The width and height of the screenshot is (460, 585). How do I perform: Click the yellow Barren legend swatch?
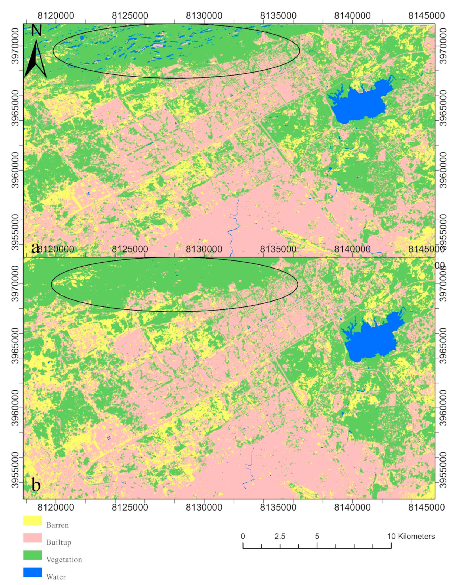[32, 521]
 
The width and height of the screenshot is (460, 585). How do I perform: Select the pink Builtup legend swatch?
[32, 538]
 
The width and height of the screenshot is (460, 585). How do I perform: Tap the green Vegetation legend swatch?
[32, 555]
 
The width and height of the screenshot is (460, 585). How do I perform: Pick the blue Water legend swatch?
[32, 572]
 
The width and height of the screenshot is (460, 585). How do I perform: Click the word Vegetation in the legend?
[64, 560]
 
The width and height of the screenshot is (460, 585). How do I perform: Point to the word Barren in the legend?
[57, 525]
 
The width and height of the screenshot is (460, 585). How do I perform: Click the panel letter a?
[35, 248]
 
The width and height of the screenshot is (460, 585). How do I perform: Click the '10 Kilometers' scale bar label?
[411, 536]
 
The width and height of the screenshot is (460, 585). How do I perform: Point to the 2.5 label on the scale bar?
[280, 536]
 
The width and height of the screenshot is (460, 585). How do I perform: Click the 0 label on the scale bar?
[243, 536]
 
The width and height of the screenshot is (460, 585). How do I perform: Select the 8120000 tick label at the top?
[56, 15]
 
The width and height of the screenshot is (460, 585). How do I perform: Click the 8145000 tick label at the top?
[426, 15]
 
